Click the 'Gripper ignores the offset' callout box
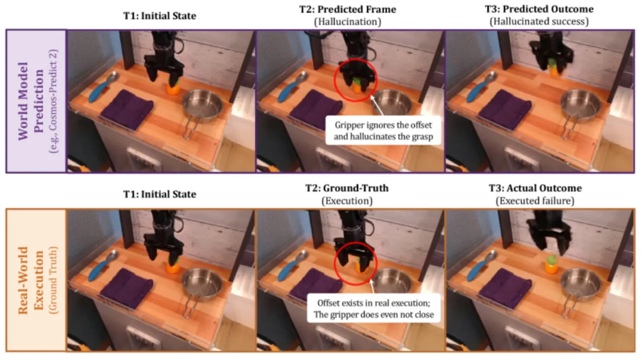383,130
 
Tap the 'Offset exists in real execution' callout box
374,309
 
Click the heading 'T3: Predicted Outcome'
539,9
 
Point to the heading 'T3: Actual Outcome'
535,189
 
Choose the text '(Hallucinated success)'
539,22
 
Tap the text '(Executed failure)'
535,201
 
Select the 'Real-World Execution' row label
31,280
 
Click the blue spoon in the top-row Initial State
103,87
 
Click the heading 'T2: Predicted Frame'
348,10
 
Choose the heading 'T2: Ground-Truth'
347,189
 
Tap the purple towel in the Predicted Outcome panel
505,110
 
